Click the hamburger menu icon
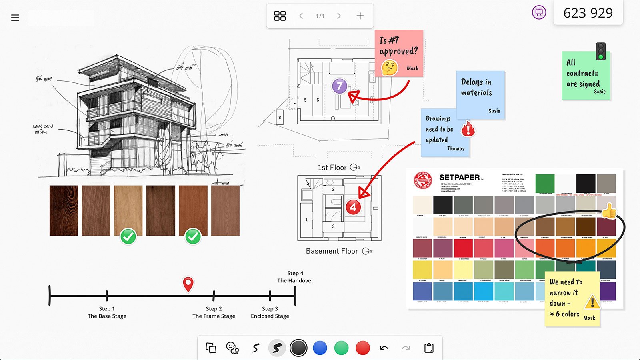15,18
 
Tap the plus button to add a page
360,16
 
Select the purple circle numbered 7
340,86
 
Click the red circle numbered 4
353,207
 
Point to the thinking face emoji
389,68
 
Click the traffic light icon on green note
600,51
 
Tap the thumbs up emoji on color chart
609,211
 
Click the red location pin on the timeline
188,284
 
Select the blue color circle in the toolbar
320,348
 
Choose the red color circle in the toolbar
363,348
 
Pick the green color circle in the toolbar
341,348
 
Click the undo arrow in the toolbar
384,348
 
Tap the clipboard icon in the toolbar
429,348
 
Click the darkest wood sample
64,210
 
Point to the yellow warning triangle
592,302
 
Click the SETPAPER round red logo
423,181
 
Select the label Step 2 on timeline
214,309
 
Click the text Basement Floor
332,251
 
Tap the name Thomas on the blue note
456,149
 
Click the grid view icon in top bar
280,16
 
